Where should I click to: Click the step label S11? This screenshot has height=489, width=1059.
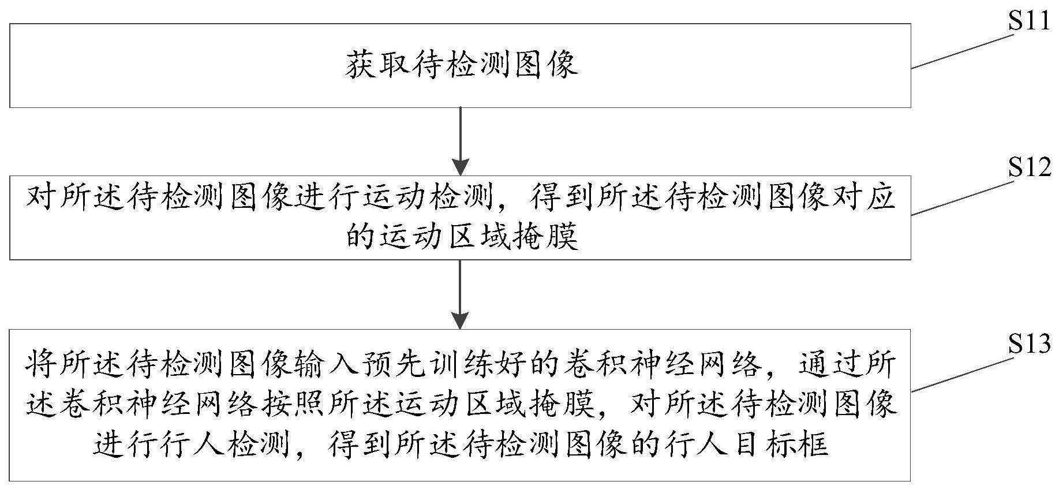pos(1030,21)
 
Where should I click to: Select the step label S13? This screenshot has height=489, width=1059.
pos(1030,345)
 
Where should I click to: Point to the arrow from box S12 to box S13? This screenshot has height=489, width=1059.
pos(460,294)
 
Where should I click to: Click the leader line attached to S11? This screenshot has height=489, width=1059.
pos(963,51)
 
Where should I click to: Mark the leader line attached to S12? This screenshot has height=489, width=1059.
pos(963,198)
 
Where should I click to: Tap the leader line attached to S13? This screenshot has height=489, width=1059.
pos(963,374)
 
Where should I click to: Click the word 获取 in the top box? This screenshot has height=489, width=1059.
pos(378,65)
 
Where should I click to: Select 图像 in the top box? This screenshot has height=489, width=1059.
pos(545,65)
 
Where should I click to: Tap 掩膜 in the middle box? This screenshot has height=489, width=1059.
pos(545,236)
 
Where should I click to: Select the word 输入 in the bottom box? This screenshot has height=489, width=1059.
pos(345,364)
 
